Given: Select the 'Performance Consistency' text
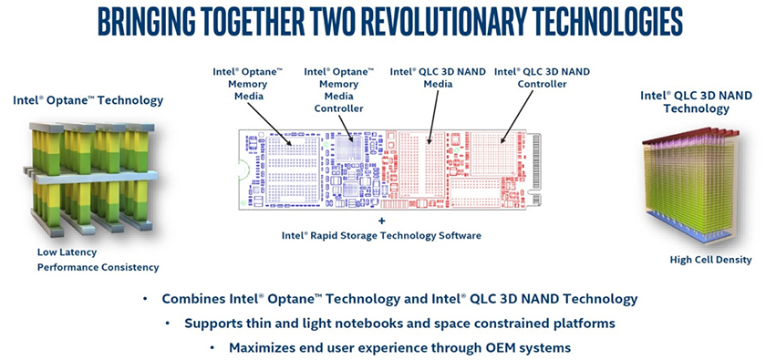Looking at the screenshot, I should (x=98, y=267).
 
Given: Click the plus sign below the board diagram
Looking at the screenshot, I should (x=381, y=221).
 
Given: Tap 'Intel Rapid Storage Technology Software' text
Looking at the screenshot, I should (x=381, y=235).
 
